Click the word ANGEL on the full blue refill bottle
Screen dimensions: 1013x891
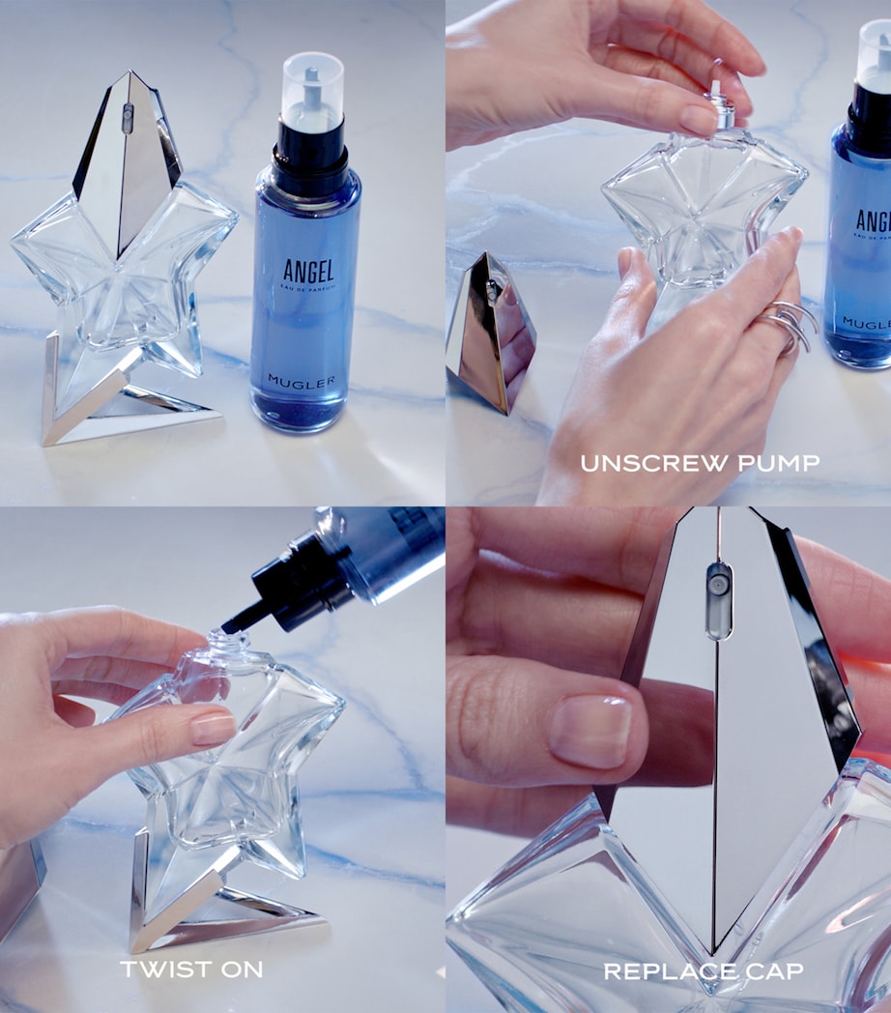click(x=307, y=271)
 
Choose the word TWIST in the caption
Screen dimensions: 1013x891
click(x=157, y=969)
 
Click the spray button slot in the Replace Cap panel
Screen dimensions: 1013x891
click(x=718, y=599)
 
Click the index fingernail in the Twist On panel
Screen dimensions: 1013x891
click(x=213, y=727)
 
